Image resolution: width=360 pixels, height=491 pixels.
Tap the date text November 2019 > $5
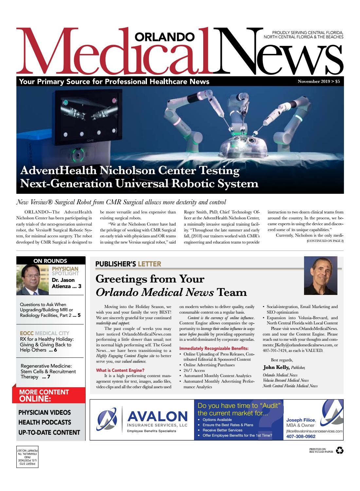point(318,82)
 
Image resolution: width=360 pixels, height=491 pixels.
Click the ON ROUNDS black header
point(50,261)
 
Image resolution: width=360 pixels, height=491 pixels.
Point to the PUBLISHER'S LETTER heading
point(128,264)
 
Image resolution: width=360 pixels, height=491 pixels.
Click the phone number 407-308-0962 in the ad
point(301,436)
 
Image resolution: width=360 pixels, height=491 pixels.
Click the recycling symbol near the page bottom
point(339,451)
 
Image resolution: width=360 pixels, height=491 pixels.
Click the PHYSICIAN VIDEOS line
point(45,412)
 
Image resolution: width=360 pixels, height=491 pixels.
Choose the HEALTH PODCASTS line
point(45,422)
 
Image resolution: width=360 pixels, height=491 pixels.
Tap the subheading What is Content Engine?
point(120,370)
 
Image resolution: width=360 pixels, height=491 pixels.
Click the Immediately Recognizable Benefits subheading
point(214,348)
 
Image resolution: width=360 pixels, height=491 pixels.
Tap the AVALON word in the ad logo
point(157,416)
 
